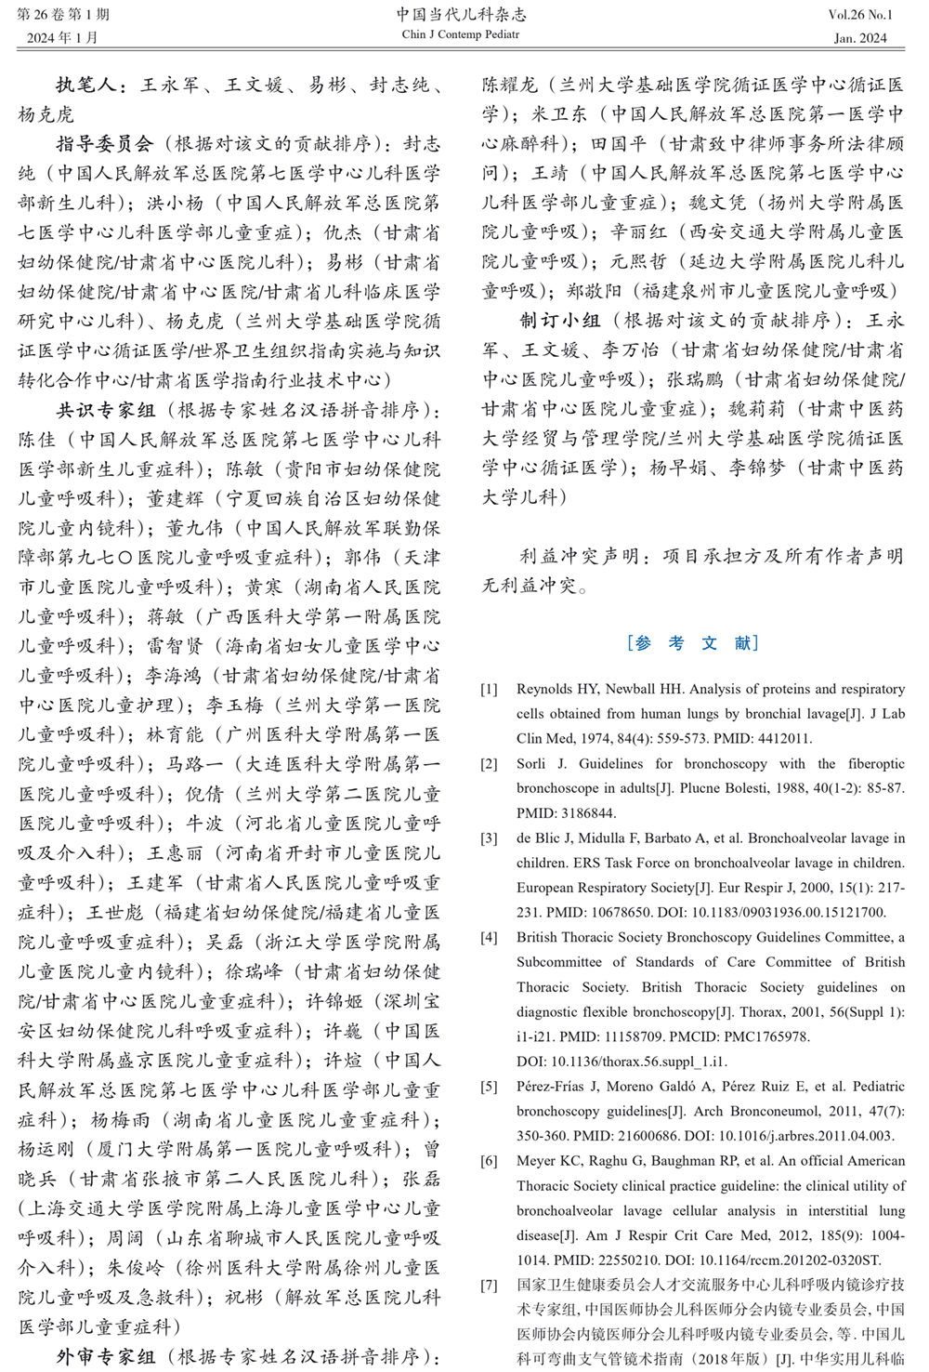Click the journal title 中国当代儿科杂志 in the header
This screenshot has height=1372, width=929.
point(461,14)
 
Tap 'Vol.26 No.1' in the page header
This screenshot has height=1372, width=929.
point(860,15)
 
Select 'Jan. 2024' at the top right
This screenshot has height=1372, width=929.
point(860,38)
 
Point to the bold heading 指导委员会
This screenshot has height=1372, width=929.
point(104,143)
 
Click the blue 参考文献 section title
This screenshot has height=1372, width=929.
point(693,642)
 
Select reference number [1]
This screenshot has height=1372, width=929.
point(489,690)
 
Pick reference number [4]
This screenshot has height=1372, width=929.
point(489,937)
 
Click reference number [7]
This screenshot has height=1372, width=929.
point(489,1285)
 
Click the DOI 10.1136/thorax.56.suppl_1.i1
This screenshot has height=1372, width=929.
point(622,1061)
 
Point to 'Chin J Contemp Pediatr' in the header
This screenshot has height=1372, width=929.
point(461,34)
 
